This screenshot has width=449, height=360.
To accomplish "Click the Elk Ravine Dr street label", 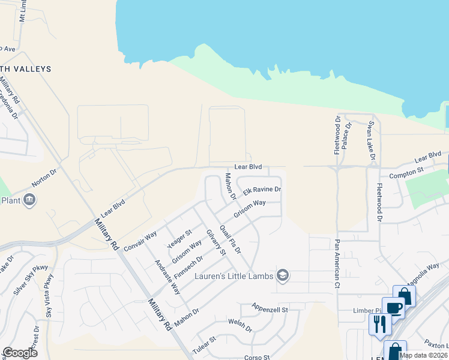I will (x=262, y=190).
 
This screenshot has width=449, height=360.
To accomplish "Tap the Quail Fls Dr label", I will (x=230, y=239).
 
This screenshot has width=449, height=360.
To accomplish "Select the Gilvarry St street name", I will (x=215, y=242).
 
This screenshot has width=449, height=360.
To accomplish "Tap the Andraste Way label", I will (x=167, y=277).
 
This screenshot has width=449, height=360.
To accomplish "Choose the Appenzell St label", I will (x=271, y=309).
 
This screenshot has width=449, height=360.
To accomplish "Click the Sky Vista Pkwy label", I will (x=49, y=295).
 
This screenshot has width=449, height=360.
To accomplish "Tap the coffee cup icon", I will (x=394, y=308).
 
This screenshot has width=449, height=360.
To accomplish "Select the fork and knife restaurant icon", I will (x=379, y=323).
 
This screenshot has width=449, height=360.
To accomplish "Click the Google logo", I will (x=20, y=353).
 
